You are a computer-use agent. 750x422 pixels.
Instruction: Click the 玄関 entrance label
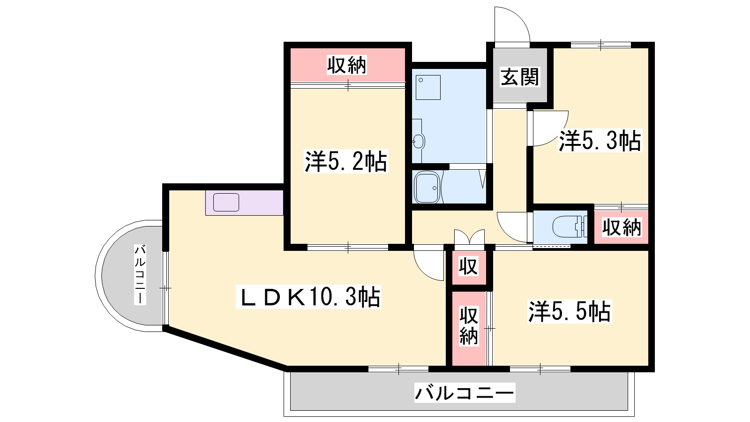[520, 77]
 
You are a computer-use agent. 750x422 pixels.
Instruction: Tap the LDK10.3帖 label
[308, 297]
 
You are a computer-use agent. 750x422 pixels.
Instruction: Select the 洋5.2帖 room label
[346, 161]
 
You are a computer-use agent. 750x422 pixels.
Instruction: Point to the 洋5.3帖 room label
[600, 141]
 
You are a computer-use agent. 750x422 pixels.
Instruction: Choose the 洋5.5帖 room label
[570, 311]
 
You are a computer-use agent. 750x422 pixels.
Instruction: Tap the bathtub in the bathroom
[427, 187]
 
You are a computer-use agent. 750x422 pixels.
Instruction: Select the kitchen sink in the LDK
[226, 202]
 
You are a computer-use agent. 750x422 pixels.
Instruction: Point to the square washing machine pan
[428, 87]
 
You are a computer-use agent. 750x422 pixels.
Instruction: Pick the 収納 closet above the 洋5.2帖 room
[347, 65]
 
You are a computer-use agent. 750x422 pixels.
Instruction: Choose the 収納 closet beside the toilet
[622, 227]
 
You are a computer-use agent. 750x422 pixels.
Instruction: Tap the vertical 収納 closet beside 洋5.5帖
[469, 329]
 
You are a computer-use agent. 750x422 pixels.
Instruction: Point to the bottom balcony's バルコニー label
[465, 392]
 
